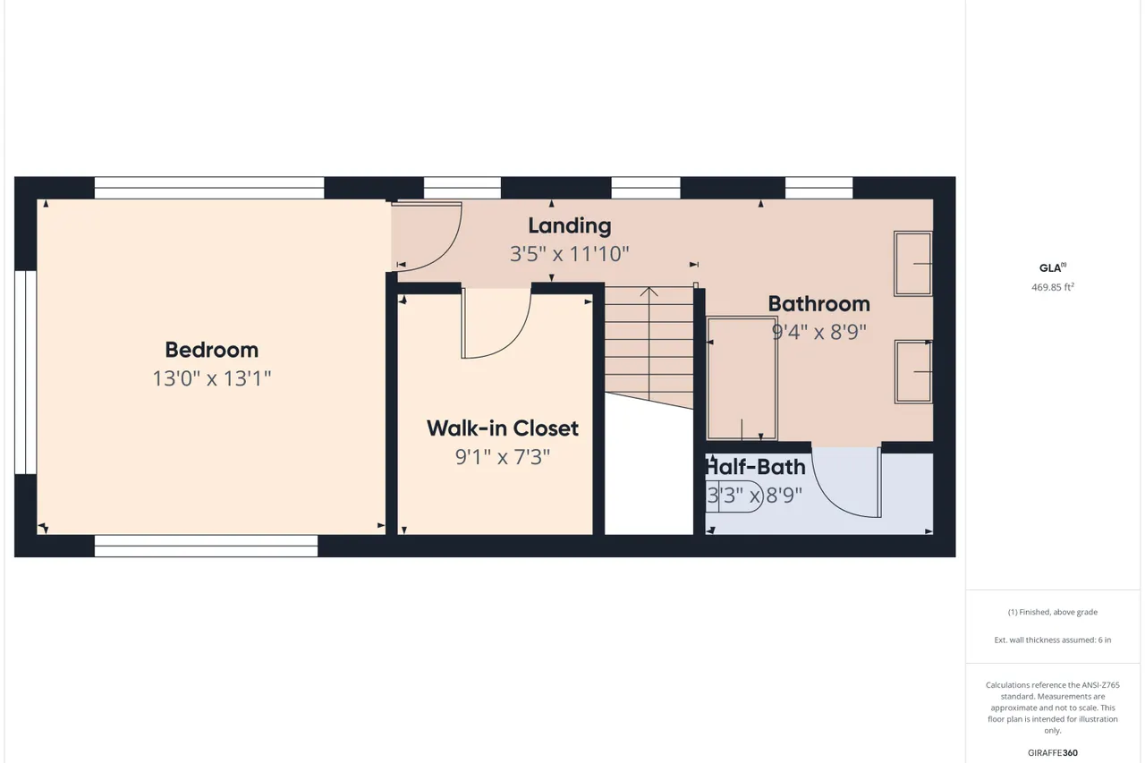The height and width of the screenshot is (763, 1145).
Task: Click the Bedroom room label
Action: coord(212,350)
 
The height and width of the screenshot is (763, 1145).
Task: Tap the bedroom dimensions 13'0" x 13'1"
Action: coord(212,378)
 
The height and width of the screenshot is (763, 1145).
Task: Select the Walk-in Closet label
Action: coord(503,428)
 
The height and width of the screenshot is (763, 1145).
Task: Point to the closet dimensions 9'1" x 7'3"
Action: coord(503,457)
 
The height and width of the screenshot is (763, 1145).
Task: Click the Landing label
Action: coord(570,226)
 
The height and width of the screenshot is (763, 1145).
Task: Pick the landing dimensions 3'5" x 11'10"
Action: coord(570,254)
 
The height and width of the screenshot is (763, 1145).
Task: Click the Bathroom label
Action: coord(818,304)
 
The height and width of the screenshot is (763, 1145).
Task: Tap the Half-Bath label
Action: coord(756,467)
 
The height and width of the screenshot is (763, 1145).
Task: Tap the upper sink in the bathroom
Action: coord(913,264)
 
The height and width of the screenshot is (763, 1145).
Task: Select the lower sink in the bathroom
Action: coord(913,372)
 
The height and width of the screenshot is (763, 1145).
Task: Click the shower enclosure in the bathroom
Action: coord(742,378)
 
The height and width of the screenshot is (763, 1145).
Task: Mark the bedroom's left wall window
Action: coord(26,373)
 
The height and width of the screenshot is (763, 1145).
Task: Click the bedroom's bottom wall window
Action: coord(206,546)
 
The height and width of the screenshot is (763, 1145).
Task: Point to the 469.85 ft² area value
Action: coord(1053,287)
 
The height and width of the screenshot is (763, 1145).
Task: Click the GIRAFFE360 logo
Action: coord(1053,753)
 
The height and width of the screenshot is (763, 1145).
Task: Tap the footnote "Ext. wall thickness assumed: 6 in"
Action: coord(1053,640)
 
